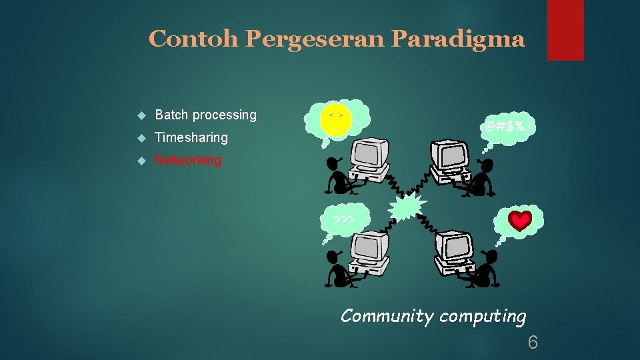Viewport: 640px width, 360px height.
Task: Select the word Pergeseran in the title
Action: pos(315,39)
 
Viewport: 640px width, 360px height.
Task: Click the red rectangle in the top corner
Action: pos(565,30)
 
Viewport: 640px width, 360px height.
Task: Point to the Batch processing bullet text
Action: pos(205,115)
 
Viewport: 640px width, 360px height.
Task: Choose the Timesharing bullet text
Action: pos(191,138)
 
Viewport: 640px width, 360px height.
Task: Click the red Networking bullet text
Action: pos(188,161)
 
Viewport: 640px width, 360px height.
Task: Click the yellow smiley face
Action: pos(335,120)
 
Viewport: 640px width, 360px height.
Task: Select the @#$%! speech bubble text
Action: pos(509,126)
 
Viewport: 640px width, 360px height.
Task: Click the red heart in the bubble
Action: pos(520,221)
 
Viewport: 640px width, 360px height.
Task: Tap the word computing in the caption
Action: pos(481,317)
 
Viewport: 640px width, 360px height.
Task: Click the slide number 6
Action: pos(533,343)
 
